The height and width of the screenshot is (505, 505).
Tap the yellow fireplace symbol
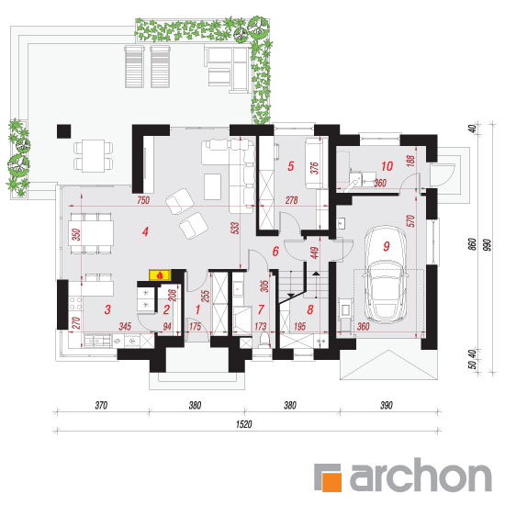[160, 275]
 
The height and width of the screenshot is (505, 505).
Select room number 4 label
[145, 231]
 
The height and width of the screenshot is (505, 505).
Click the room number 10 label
[387, 166]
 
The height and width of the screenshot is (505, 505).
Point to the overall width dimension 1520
[244, 424]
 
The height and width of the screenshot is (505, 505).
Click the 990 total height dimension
[488, 245]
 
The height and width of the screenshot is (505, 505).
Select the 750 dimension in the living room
[143, 200]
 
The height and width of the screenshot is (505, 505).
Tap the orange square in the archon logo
[331, 481]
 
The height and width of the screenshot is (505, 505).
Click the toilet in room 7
[264, 340]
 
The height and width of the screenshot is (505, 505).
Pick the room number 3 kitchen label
[107, 309]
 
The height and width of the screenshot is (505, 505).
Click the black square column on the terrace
[63, 131]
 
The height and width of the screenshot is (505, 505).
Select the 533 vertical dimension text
[236, 228]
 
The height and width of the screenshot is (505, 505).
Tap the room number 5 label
[290, 166]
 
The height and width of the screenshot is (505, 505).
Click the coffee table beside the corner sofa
[213, 186]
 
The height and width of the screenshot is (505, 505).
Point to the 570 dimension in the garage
[410, 221]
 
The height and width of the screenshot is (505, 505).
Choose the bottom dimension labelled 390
[387, 405]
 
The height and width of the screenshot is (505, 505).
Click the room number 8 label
[309, 309]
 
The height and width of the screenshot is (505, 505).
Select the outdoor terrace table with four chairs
[93, 156]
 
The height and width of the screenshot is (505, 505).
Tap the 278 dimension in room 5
[291, 200]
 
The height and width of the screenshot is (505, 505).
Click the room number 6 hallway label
[275, 252]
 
